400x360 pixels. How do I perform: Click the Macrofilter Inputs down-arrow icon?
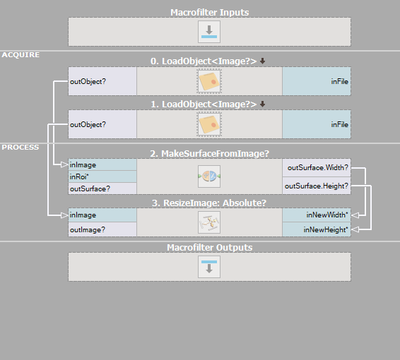coord(209,32)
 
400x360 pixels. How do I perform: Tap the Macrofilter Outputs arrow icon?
coord(209,267)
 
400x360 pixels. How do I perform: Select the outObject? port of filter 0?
coord(102,81)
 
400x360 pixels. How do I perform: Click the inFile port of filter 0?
coord(317,81)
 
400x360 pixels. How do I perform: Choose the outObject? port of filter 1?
coord(102,124)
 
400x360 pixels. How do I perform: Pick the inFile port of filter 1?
coord(317,124)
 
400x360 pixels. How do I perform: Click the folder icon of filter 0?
coord(209,81)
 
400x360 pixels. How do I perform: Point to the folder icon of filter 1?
coord(209,124)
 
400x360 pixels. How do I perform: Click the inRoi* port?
coord(102,176)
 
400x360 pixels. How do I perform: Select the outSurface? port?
coord(102,188)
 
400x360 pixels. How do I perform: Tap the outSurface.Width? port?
coord(317,167)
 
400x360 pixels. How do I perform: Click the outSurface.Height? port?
coord(317,186)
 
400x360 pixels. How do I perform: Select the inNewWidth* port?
coord(317,215)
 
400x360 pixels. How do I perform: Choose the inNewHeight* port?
coord(317,229)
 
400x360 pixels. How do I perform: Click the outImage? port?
coord(102,229)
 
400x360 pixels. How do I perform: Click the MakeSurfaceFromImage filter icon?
coord(209,176)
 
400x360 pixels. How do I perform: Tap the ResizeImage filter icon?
coord(209,222)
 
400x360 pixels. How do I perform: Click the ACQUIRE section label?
coord(20,55)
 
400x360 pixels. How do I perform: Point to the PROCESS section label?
coord(20,148)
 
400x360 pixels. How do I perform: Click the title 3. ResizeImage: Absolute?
coord(209,203)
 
